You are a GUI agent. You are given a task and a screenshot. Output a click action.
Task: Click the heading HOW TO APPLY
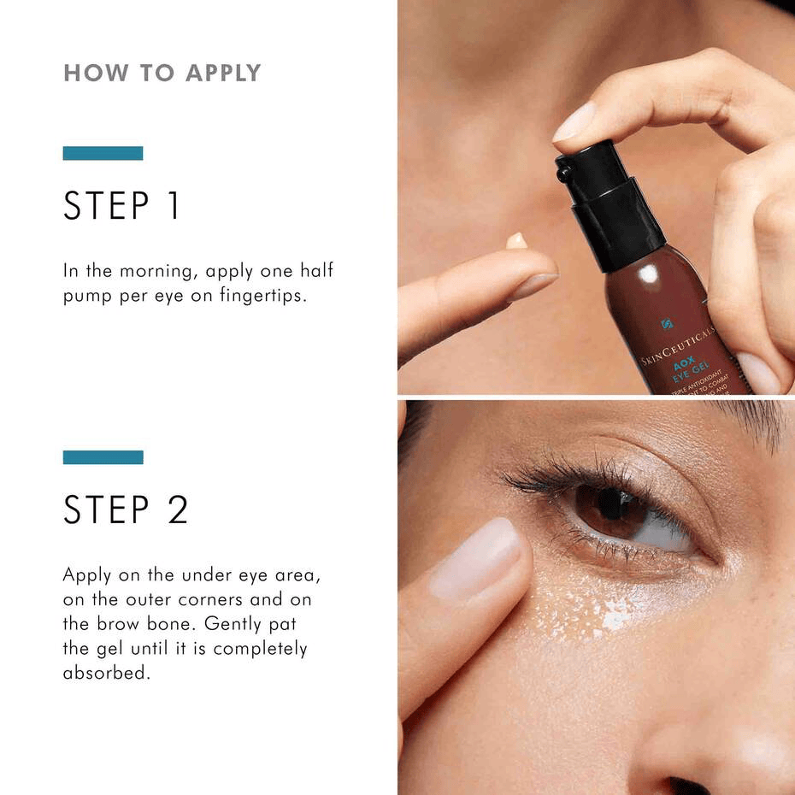pyautogui.click(x=162, y=74)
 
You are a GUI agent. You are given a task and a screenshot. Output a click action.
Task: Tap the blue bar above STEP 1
pyautogui.click(x=103, y=153)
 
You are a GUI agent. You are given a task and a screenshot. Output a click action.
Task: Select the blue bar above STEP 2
pyautogui.click(x=103, y=457)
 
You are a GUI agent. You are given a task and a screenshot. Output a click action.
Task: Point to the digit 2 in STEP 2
pyautogui.click(x=177, y=510)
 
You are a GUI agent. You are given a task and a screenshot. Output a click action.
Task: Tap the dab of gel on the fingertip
pyautogui.click(x=516, y=241)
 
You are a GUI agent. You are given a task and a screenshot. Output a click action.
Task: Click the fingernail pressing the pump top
pyautogui.click(x=574, y=121)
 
